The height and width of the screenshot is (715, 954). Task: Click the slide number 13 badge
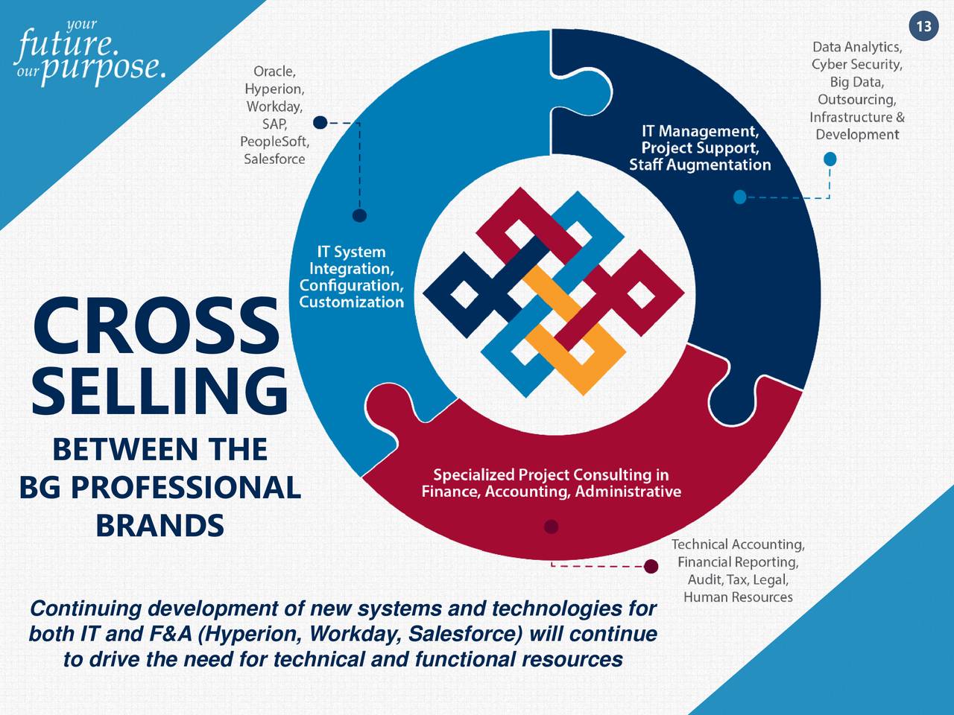tap(923, 27)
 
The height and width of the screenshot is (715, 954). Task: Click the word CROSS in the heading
tap(156, 326)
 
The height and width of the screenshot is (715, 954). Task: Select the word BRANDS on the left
tap(159, 526)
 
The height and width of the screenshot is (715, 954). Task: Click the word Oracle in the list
tap(274, 71)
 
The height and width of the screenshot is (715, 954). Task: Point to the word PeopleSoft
tap(274, 142)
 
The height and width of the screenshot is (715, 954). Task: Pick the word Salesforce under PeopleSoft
tap(274, 159)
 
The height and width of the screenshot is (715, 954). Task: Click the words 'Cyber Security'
tap(857, 65)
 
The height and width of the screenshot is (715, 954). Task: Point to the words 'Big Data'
tap(857, 82)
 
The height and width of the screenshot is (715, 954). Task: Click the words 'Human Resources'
tap(738, 597)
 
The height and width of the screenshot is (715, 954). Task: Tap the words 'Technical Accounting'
tap(738, 545)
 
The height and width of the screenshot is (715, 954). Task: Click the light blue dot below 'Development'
tap(830, 159)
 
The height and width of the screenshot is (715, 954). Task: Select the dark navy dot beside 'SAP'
tap(320, 123)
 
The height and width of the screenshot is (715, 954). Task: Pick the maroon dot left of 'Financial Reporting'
tap(651, 567)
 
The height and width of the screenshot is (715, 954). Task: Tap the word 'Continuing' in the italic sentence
tap(85, 609)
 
